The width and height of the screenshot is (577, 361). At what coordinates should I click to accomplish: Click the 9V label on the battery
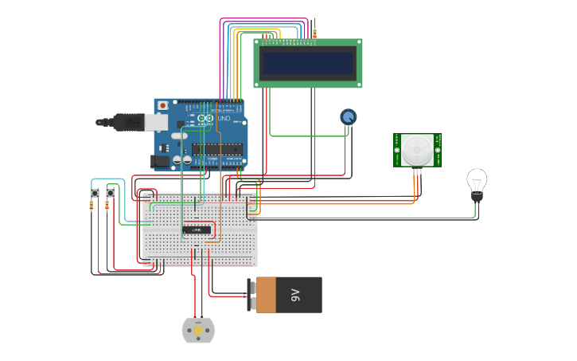(x=295, y=295)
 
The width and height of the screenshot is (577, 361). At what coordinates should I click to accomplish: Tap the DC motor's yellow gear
(x=198, y=330)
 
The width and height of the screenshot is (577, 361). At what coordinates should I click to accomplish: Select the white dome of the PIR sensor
(x=415, y=149)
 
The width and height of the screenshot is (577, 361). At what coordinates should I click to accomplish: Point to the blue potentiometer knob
(x=348, y=117)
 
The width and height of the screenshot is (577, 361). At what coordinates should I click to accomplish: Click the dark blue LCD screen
(x=308, y=61)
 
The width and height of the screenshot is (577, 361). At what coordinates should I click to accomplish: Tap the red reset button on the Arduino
(x=163, y=104)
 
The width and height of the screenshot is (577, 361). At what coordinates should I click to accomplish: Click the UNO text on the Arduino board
(x=224, y=119)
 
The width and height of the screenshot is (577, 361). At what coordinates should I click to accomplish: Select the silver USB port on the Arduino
(x=157, y=122)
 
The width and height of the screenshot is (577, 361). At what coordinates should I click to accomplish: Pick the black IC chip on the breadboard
(x=197, y=230)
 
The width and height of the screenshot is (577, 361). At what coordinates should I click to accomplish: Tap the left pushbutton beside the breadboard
(x=95, y=193)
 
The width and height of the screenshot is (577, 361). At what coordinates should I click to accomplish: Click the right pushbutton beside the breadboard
(x=111, y=193)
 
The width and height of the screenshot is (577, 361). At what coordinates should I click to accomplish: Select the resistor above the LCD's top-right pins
(x=314, y=33)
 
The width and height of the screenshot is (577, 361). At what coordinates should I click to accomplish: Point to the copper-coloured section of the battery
(x=265, y=295)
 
